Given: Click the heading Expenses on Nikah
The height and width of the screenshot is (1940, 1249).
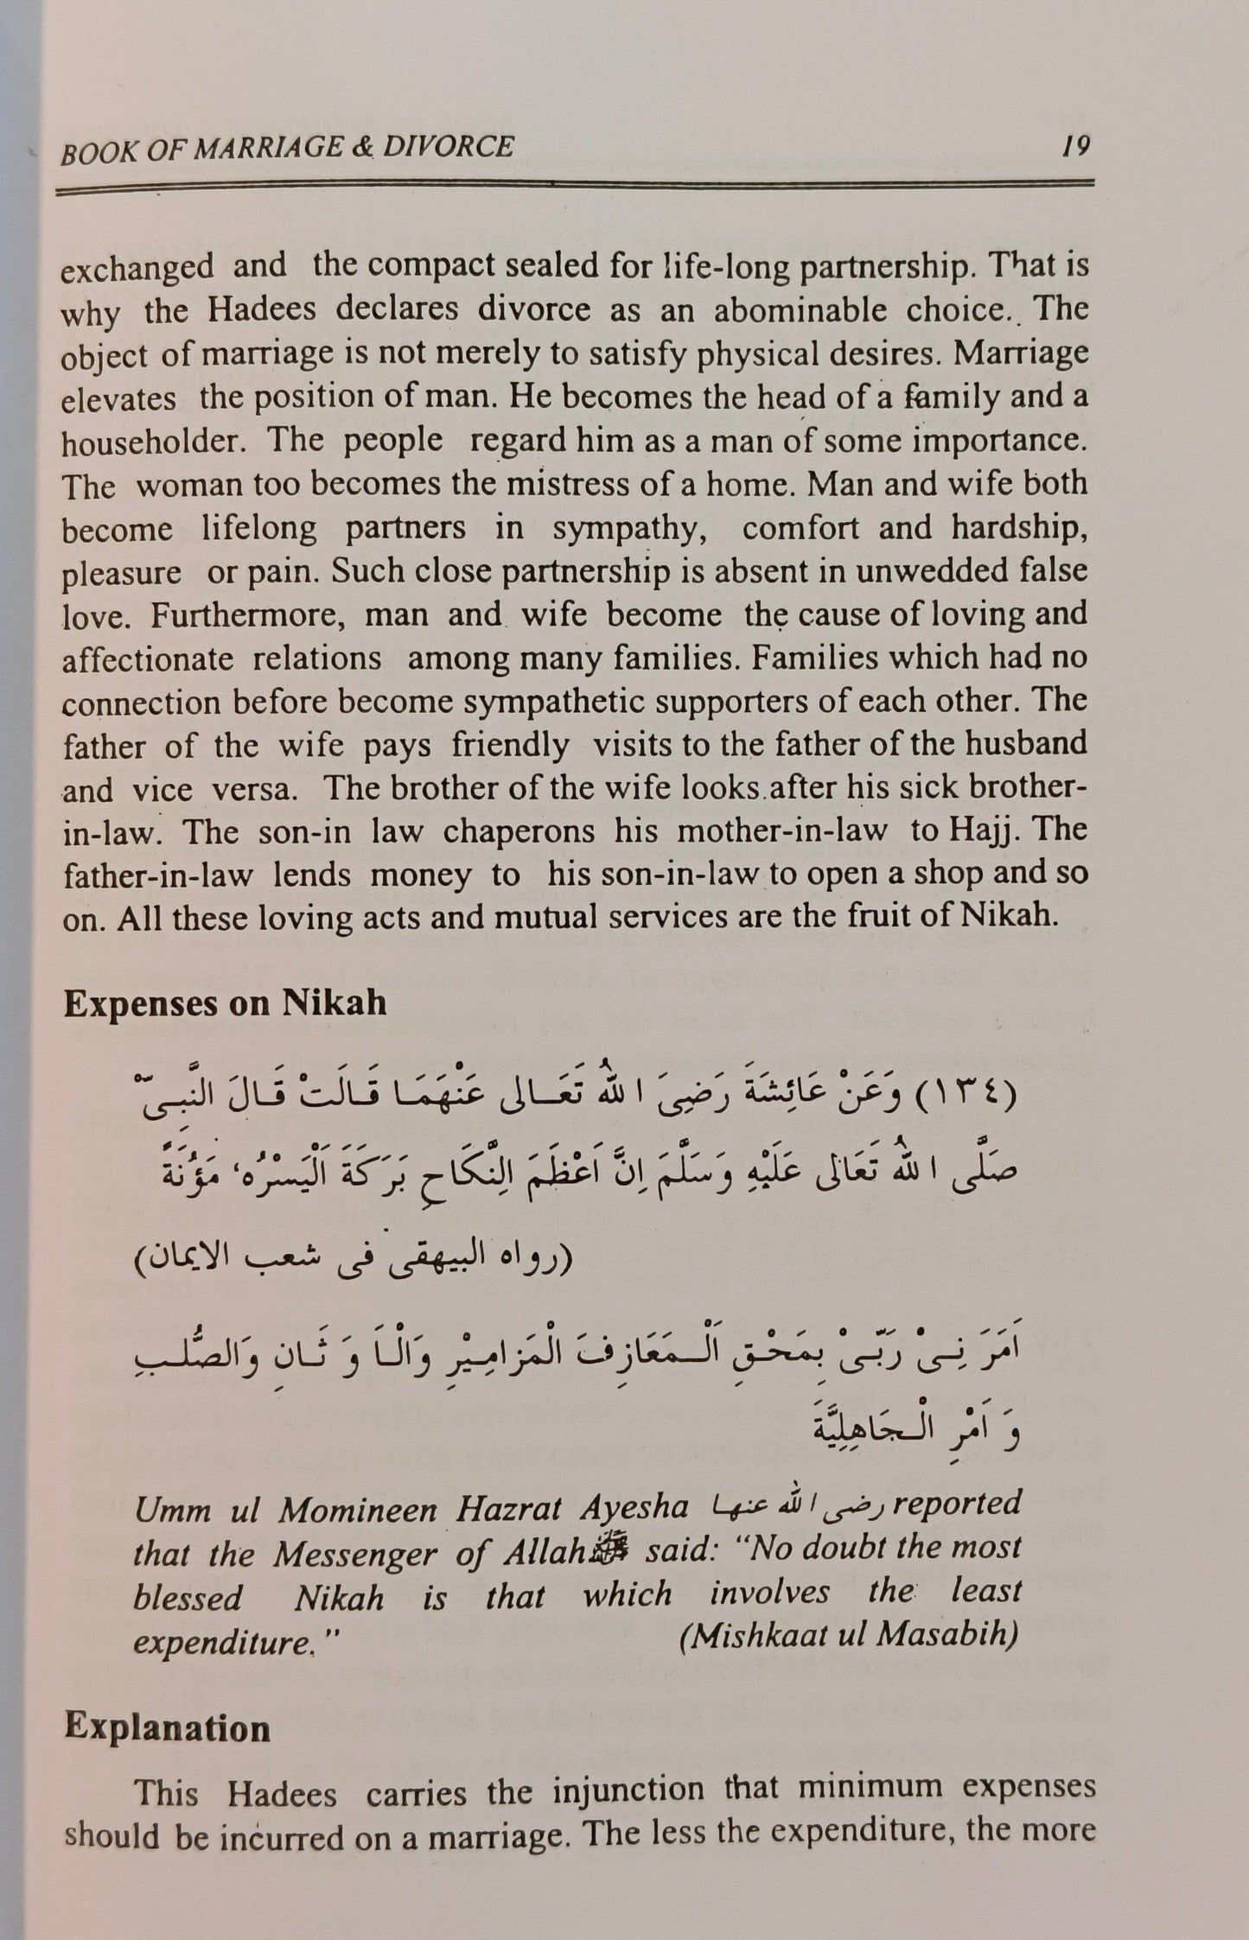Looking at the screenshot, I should tap(225, 1004).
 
